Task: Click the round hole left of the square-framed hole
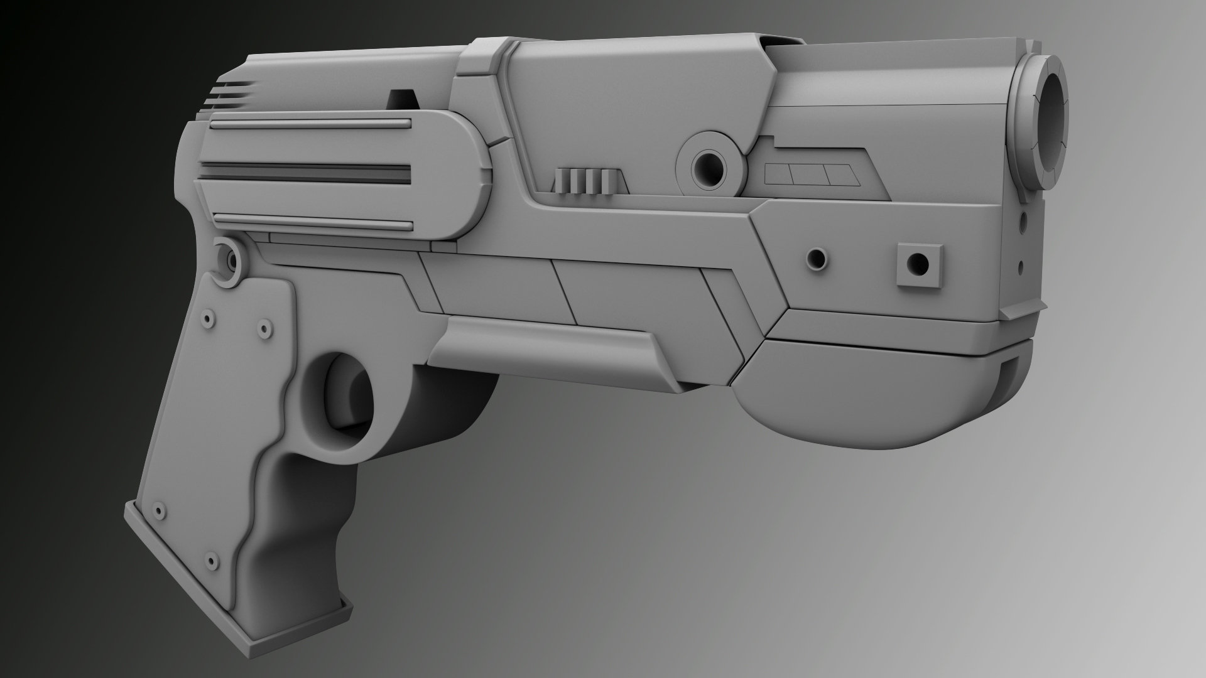click(817, 257)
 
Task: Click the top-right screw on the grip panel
click(264, 327)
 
